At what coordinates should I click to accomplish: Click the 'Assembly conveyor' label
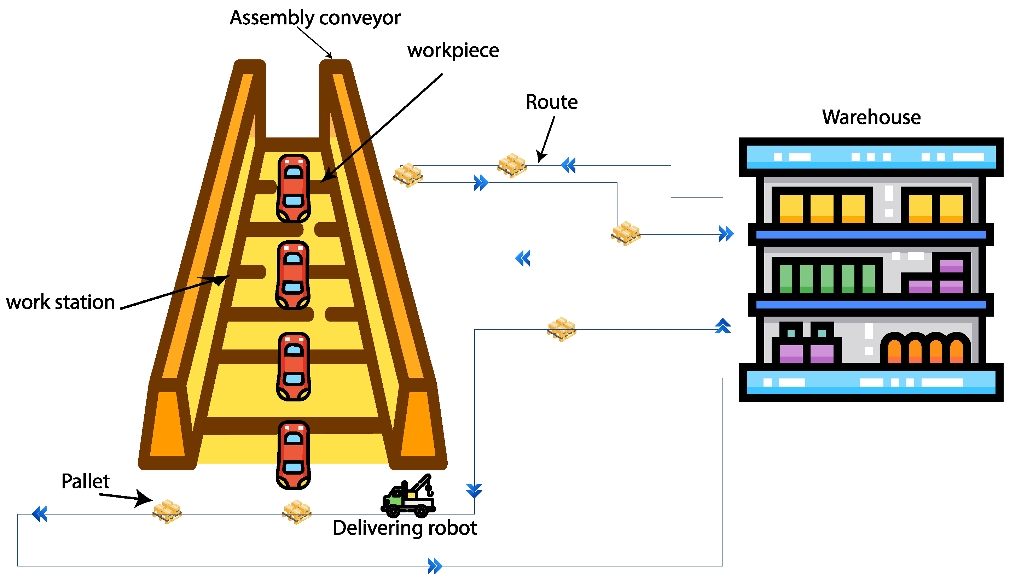[315, 18]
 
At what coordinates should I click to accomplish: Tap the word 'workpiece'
[453, 51]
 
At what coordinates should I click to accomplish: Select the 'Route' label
[551, 102]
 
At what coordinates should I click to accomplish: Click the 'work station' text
[60, 302]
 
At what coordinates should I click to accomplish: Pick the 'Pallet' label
[85, 481]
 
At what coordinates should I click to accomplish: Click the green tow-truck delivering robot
[408, 498]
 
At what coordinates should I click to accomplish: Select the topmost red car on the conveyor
[293, 188]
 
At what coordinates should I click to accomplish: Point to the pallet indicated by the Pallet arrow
[167, 511]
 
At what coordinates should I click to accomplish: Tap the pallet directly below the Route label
[512, 165]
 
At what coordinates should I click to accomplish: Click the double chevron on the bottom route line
[435, 566]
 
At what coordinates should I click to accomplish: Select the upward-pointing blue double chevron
[722, 326]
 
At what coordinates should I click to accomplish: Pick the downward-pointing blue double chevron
[474, 490]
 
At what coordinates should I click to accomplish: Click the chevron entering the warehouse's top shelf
[726, 234]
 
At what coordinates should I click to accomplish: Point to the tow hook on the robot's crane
[429, 489]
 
